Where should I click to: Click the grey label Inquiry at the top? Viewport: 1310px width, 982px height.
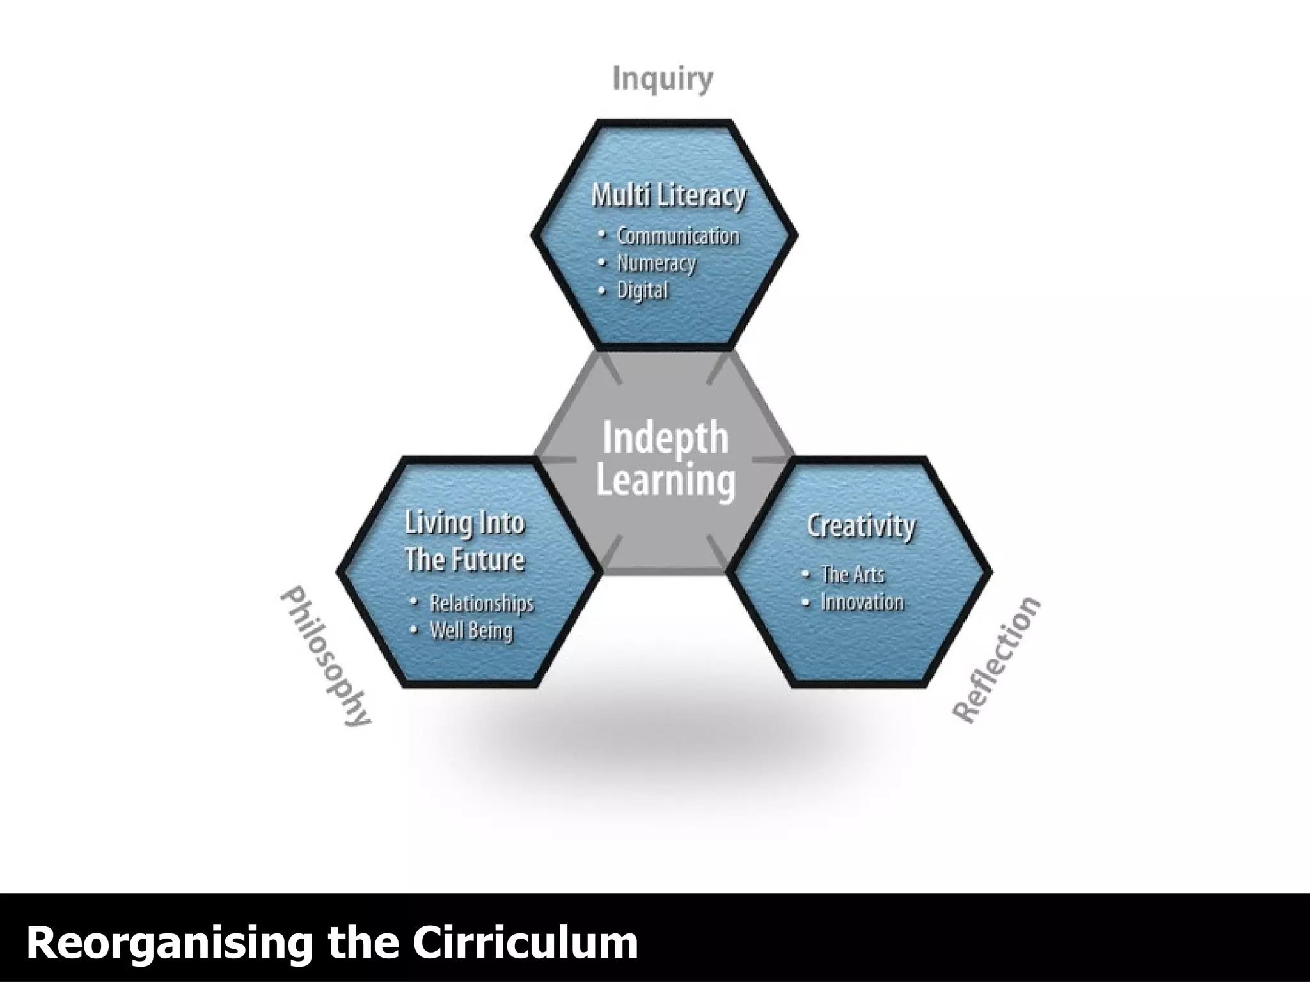click(662, 80)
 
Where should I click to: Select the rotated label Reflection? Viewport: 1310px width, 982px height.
click(997, 660)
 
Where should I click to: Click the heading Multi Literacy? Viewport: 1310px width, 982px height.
click(668, 195)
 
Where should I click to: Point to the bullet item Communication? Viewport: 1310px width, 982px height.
click(677, 236)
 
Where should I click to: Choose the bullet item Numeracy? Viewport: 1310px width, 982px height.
click(656, 263)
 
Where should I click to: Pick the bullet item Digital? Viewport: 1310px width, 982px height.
click(642, 291)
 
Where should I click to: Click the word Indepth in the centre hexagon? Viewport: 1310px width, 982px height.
click(665, 439)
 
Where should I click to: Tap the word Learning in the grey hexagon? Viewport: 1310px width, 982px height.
click(665, 481)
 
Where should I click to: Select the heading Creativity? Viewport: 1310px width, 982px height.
click(860, 526)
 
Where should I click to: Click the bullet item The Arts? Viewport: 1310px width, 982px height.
click(852, 574)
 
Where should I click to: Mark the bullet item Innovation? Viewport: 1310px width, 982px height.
click(862, 602)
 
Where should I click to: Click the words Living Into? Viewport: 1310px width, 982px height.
click(464, 524)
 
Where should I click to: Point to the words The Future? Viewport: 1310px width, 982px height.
click(464, 559)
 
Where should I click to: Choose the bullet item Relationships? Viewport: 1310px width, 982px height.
click(482, 604)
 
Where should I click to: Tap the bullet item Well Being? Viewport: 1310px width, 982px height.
click(471, 631)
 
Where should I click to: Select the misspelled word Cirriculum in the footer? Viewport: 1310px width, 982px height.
click(525, 942)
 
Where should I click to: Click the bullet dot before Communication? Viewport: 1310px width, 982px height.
click(601, 235)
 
